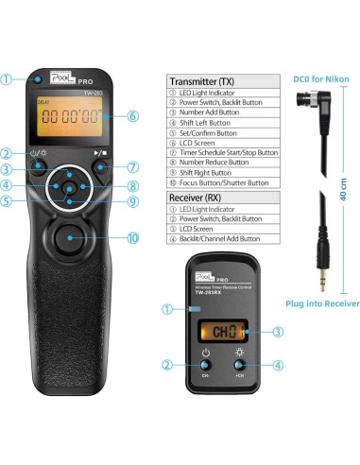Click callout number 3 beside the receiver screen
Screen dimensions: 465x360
coord(278,358)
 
